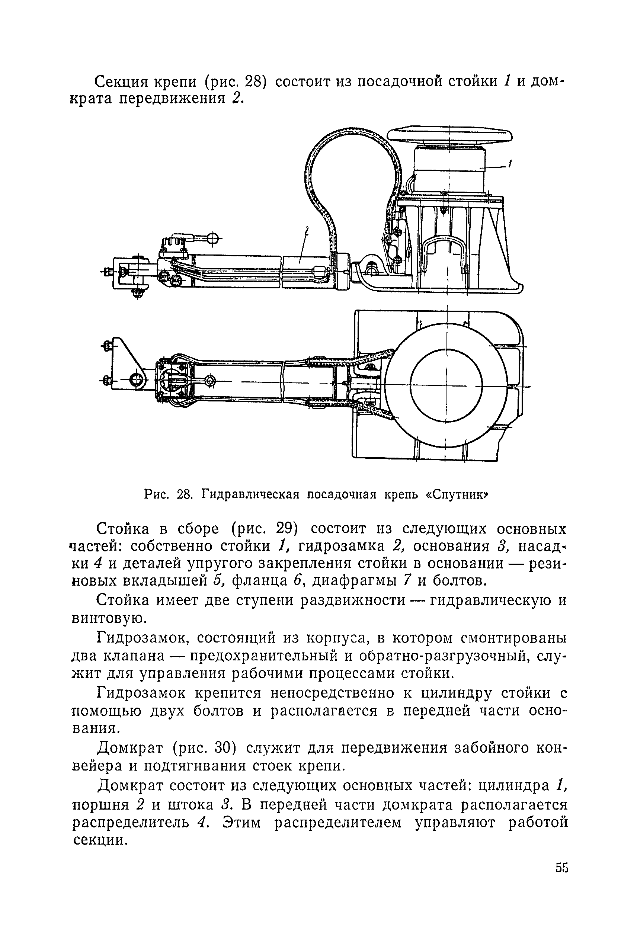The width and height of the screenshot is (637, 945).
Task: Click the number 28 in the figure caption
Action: point(184,494)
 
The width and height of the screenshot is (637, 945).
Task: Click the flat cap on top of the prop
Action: point(449,135)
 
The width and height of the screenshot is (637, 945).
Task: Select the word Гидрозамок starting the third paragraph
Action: point(142,639)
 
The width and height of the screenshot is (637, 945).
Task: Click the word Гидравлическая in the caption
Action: point(251,494)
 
